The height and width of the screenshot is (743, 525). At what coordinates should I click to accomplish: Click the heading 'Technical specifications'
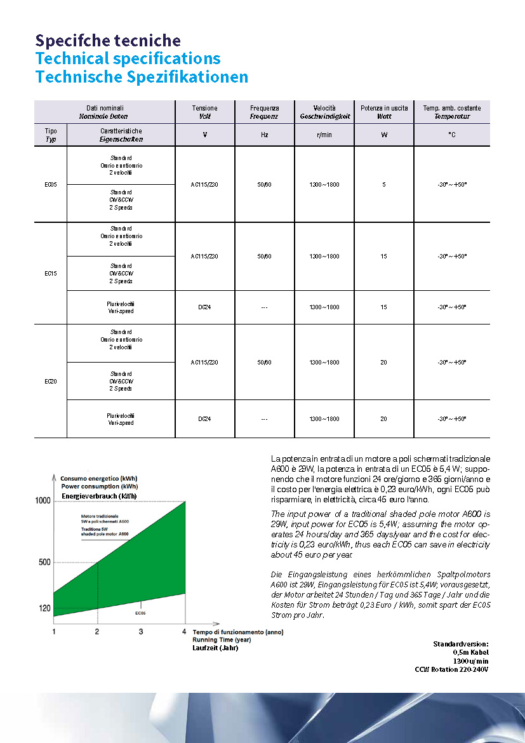128,58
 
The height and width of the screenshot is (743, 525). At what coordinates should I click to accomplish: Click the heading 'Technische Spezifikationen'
142,77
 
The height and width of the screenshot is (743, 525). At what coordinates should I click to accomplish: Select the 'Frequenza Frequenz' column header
264,112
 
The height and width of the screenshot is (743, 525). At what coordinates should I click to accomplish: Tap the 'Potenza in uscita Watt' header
384,112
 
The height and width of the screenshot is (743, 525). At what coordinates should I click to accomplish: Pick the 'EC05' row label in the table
51,185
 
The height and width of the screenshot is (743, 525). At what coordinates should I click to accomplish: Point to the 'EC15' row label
51,274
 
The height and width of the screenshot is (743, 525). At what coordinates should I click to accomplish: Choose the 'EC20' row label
51,381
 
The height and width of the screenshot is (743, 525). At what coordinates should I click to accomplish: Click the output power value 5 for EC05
384,185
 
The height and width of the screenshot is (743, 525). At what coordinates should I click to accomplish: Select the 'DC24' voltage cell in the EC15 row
204,307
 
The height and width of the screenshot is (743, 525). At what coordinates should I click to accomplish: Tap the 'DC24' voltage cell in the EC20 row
204,419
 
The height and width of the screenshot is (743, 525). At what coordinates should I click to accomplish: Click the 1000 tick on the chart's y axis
43,501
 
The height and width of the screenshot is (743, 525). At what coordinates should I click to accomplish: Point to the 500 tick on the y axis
44,563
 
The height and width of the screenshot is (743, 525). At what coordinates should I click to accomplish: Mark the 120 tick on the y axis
44,608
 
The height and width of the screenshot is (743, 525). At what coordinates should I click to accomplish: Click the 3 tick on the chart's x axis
141,631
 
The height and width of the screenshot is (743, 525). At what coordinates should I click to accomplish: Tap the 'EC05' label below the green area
140,613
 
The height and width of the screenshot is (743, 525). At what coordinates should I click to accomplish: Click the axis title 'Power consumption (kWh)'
100,486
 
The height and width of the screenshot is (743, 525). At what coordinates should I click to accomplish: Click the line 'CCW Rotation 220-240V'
451,669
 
